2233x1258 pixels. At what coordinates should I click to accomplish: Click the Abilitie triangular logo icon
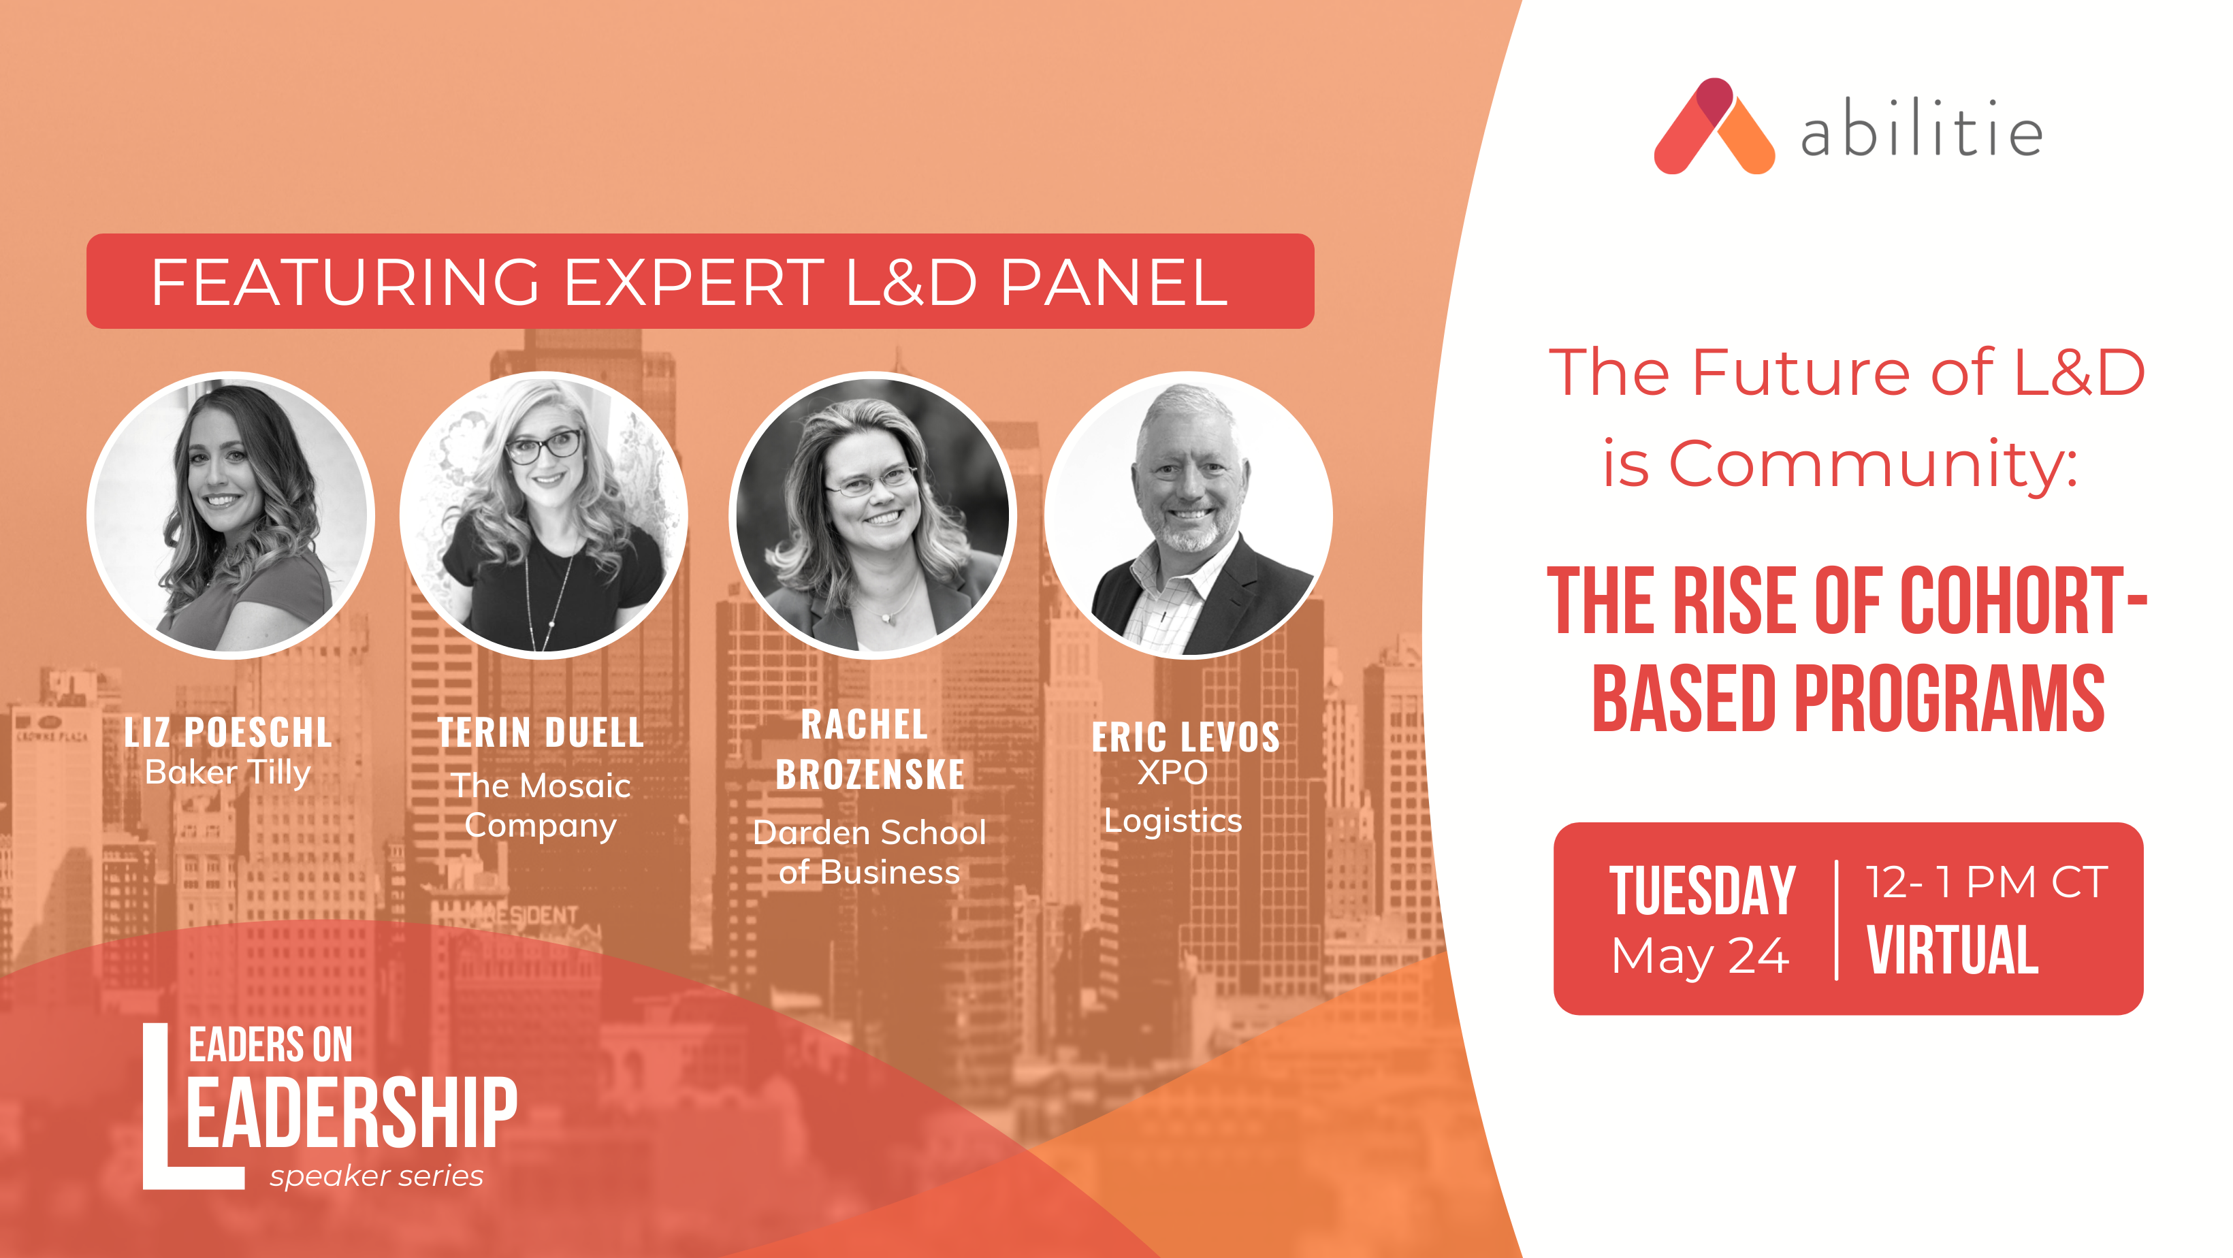click(1713, 127)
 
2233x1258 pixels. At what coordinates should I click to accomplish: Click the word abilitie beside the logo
click(1921, 129)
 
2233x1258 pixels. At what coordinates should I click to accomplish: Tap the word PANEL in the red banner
click(1114, 282)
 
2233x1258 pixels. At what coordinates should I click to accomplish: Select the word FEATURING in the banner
click(345, 282)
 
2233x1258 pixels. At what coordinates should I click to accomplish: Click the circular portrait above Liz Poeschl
click(231, 515)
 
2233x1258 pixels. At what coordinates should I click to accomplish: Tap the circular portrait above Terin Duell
click(543, 515)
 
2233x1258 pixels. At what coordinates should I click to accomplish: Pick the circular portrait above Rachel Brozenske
click(873, 515)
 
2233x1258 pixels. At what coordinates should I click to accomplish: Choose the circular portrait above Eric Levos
click(1189, 515)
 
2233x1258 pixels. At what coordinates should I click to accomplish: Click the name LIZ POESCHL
click(228, 732)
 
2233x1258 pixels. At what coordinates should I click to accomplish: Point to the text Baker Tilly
click(228, 773)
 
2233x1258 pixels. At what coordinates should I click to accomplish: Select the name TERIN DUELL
click(541, 732)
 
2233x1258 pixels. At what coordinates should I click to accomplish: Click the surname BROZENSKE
click(870, 774)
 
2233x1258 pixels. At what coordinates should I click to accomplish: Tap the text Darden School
click(869, 833)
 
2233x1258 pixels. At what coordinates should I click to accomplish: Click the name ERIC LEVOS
click(1186, 738)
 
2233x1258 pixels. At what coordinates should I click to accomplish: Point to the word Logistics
click(1173, 821)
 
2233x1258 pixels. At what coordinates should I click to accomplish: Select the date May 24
click(1700, 956)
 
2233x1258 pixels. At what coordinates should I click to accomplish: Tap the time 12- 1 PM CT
click(1986, 883)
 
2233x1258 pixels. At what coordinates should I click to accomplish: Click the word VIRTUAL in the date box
click(1952, 950)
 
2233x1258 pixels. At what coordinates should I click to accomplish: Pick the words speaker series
click(376, 1176)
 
